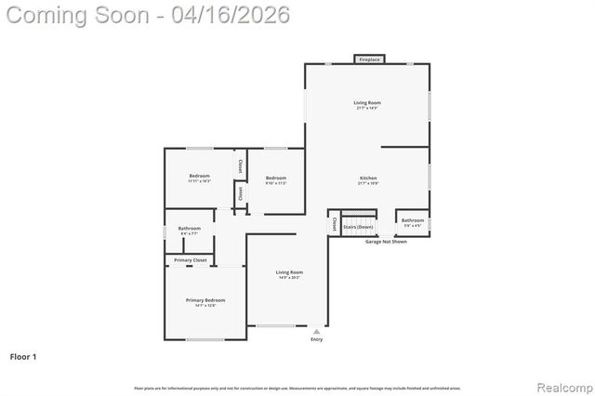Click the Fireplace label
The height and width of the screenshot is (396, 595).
tap(368, 59)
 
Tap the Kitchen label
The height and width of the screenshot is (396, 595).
tap(368, 178)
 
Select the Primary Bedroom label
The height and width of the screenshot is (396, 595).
tap(205, 300)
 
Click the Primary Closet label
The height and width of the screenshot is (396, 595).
tap(190, 260)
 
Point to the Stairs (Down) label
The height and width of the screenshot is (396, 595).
tap(358, 227)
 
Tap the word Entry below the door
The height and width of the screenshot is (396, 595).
tap(317, 339)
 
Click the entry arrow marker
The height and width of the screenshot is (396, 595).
tap(317, 330)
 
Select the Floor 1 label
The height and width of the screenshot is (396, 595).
tap(22, 356)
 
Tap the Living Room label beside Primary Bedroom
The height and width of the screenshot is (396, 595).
tap(289, 271)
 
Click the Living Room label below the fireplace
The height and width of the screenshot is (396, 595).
tap(367, 102)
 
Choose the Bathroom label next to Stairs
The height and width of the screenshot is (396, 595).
tap(413, 220)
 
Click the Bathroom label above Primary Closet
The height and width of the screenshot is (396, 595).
tap(190, 228)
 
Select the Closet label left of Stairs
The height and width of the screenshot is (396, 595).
tap(333, 224)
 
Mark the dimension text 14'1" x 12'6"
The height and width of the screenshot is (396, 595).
tap(205, 307)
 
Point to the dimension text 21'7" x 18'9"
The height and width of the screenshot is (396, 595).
tap(368, 184)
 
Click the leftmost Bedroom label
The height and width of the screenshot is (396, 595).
tap(199, 176)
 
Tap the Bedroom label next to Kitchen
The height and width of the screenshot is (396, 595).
tap(275, 178)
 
